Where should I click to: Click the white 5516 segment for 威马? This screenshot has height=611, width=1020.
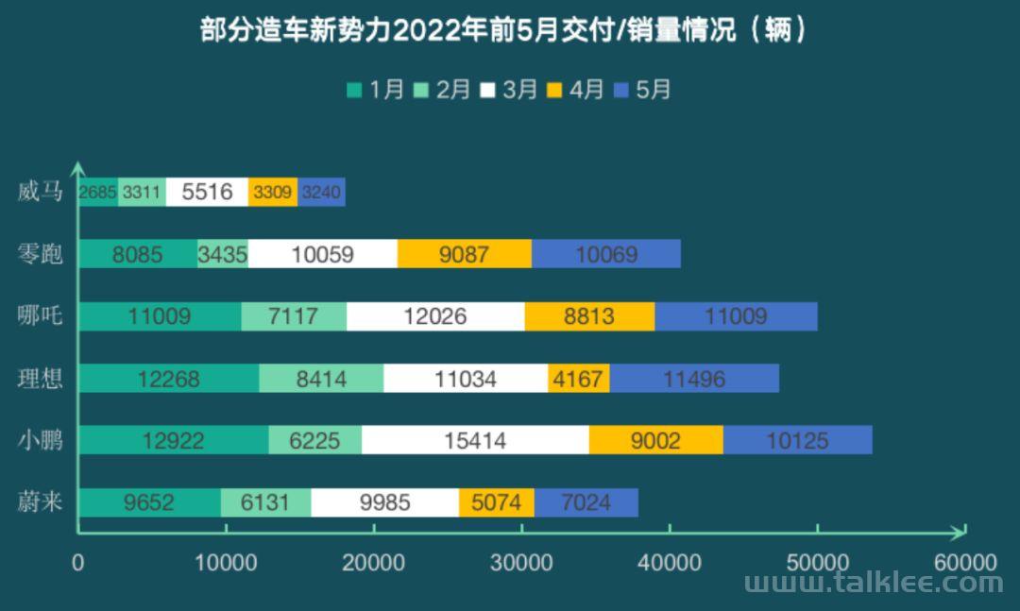[x=207, y=192]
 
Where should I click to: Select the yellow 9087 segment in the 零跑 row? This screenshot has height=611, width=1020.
[x=464, y=254]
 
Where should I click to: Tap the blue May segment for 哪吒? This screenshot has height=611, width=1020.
[x=736, y=316]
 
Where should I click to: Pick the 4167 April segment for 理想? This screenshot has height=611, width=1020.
[x=578, y=379]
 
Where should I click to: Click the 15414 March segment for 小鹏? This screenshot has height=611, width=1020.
[x=475, y=440]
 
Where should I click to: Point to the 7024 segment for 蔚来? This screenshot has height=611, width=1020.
[x=586, y=502]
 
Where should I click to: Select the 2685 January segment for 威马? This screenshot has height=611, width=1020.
[x=98, y=192]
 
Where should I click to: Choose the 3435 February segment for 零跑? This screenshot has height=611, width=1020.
[x=223, y=254]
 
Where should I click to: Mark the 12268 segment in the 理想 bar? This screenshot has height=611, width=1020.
[x=168, y=379]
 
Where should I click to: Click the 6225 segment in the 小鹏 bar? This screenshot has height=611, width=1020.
[x=314, y=440]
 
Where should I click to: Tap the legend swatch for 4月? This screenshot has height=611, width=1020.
[x=554, y=91]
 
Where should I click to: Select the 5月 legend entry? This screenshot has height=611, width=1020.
[x=642, y=90]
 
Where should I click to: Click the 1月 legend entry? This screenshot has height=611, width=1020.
[x=376, y=90]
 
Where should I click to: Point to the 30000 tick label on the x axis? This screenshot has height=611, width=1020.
[x=522, y=563]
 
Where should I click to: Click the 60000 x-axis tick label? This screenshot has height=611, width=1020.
[x=965, y=563]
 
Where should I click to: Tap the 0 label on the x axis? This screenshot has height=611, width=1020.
[x=78, y=563]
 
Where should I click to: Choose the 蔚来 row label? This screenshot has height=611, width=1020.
[x=40, y=501]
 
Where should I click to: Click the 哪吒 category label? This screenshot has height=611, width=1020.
[x=40, y=315]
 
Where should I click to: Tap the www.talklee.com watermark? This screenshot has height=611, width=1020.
[x=873, y=583]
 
